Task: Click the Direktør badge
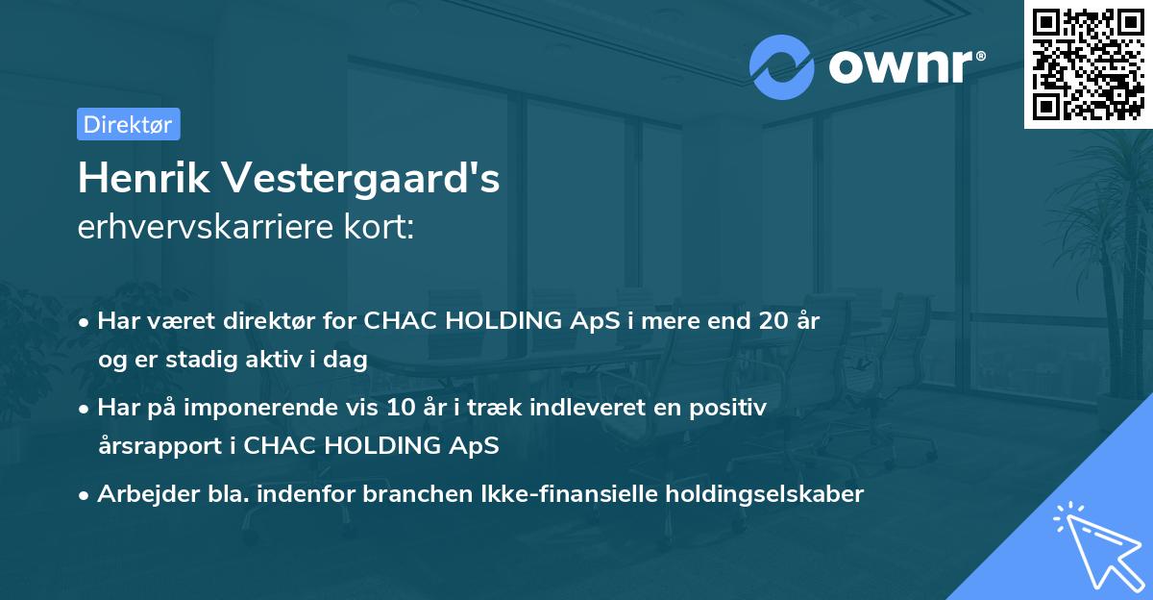coord(128,124)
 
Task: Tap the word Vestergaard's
coord(363,179)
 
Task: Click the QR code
coord(1088,63)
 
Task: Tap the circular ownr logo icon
coord(782,66)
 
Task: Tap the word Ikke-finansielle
coord(570,494)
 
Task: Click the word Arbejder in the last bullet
coord(138,494)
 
